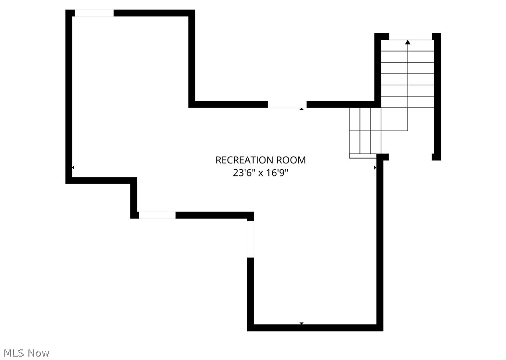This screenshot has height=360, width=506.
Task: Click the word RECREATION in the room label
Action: coord(244,160)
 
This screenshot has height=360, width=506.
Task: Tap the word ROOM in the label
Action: coord(291,160)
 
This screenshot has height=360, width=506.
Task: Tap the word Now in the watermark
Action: coord(39,353)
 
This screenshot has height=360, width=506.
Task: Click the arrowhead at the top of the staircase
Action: coord(408,42)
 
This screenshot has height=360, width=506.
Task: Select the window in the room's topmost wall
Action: coord(94,13)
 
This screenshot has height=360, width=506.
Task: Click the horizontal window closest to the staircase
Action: coord(287,104)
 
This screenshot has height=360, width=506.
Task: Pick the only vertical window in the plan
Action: coord(250,239)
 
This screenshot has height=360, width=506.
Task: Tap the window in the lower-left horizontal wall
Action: coord(157,215)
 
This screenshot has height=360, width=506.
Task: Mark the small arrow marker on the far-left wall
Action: coord(73,168)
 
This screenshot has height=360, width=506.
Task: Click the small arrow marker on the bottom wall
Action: coord(302,323)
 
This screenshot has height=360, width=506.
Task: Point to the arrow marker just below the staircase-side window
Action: coord(302,109)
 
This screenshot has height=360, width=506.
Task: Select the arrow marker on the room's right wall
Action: coord(375,168)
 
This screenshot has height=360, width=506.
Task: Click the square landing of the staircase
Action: coord(394,119)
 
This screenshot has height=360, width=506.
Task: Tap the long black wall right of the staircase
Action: coord(436,96)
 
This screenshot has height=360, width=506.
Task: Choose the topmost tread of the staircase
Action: coord(408,45)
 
